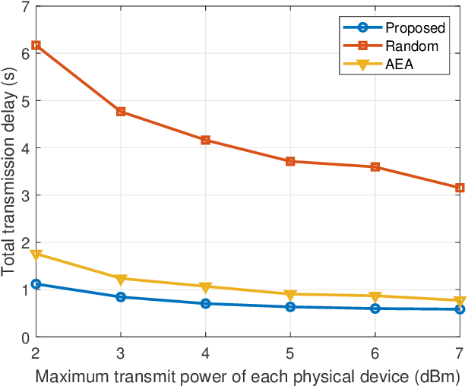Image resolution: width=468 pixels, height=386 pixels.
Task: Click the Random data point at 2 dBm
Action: [35, 46]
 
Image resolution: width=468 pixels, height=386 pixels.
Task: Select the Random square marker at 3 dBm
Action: [120, 112]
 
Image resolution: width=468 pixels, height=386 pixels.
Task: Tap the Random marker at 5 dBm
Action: [289, 161]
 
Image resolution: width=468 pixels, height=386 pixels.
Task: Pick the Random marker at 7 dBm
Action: [460, 188]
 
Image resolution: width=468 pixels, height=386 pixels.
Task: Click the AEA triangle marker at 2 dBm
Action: [35, 255]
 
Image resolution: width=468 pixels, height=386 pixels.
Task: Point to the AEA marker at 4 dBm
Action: [205, 287]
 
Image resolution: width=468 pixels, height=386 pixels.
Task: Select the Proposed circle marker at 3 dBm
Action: [120, 297]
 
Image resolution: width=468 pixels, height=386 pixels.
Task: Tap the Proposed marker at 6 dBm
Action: [375, 308]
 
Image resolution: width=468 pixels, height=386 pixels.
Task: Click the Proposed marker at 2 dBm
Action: [35, 284]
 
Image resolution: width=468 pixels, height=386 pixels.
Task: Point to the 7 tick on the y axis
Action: [26, 7]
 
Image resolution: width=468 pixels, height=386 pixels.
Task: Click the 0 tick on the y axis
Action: [26, 337]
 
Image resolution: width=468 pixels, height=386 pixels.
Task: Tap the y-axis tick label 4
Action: [26, 148]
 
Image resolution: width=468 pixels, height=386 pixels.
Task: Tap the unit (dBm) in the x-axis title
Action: [435, 375]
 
